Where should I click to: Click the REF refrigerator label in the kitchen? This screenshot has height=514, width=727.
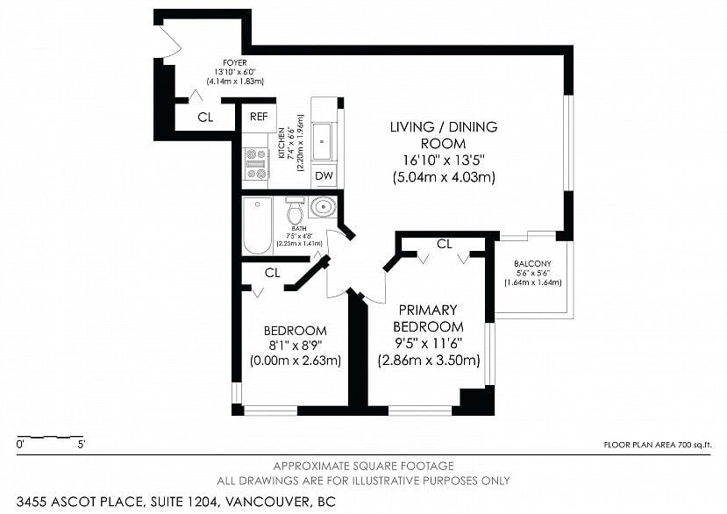(259, 117)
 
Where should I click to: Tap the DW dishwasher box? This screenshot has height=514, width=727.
(324, 175)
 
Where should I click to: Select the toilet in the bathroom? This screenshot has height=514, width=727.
(295, 212)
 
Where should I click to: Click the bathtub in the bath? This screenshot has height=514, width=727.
(258, 225)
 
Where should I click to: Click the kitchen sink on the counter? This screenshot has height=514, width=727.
(323, 140)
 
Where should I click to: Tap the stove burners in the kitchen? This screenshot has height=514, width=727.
(256, 163)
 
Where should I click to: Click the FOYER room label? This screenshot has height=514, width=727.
(234, 62)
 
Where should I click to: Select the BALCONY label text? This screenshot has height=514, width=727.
(532, 263)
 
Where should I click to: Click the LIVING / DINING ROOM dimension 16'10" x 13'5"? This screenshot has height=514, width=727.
(443, 161)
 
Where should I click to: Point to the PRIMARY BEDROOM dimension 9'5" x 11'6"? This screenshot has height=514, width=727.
(428, 344)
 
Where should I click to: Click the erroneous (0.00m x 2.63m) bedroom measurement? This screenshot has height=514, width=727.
(296, 361)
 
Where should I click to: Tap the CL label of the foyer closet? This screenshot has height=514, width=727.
(204, 117)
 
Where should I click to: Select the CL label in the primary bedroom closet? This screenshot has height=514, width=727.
(444, 243)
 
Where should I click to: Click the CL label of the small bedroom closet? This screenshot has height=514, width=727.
(272, 273)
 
